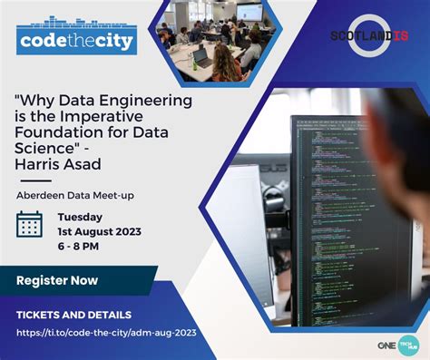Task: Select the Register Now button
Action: (x=57, y=281)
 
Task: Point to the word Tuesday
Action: (x=80, y=217)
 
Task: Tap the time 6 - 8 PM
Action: (x=79, y=247)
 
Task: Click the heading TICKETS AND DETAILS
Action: (x=73, y=315)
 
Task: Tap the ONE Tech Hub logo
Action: (x=398, y=345)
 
